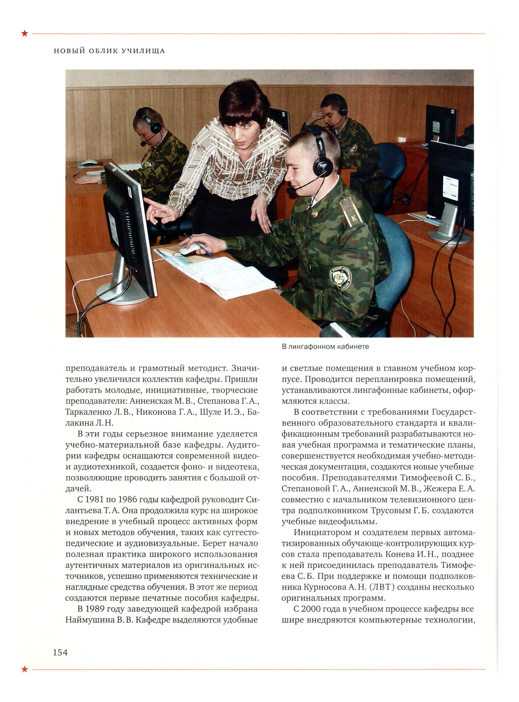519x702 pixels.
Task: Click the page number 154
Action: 60,652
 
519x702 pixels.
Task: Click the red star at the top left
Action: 24,33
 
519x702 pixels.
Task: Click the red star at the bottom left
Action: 24,669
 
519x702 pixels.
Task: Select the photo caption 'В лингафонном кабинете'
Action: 325,347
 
